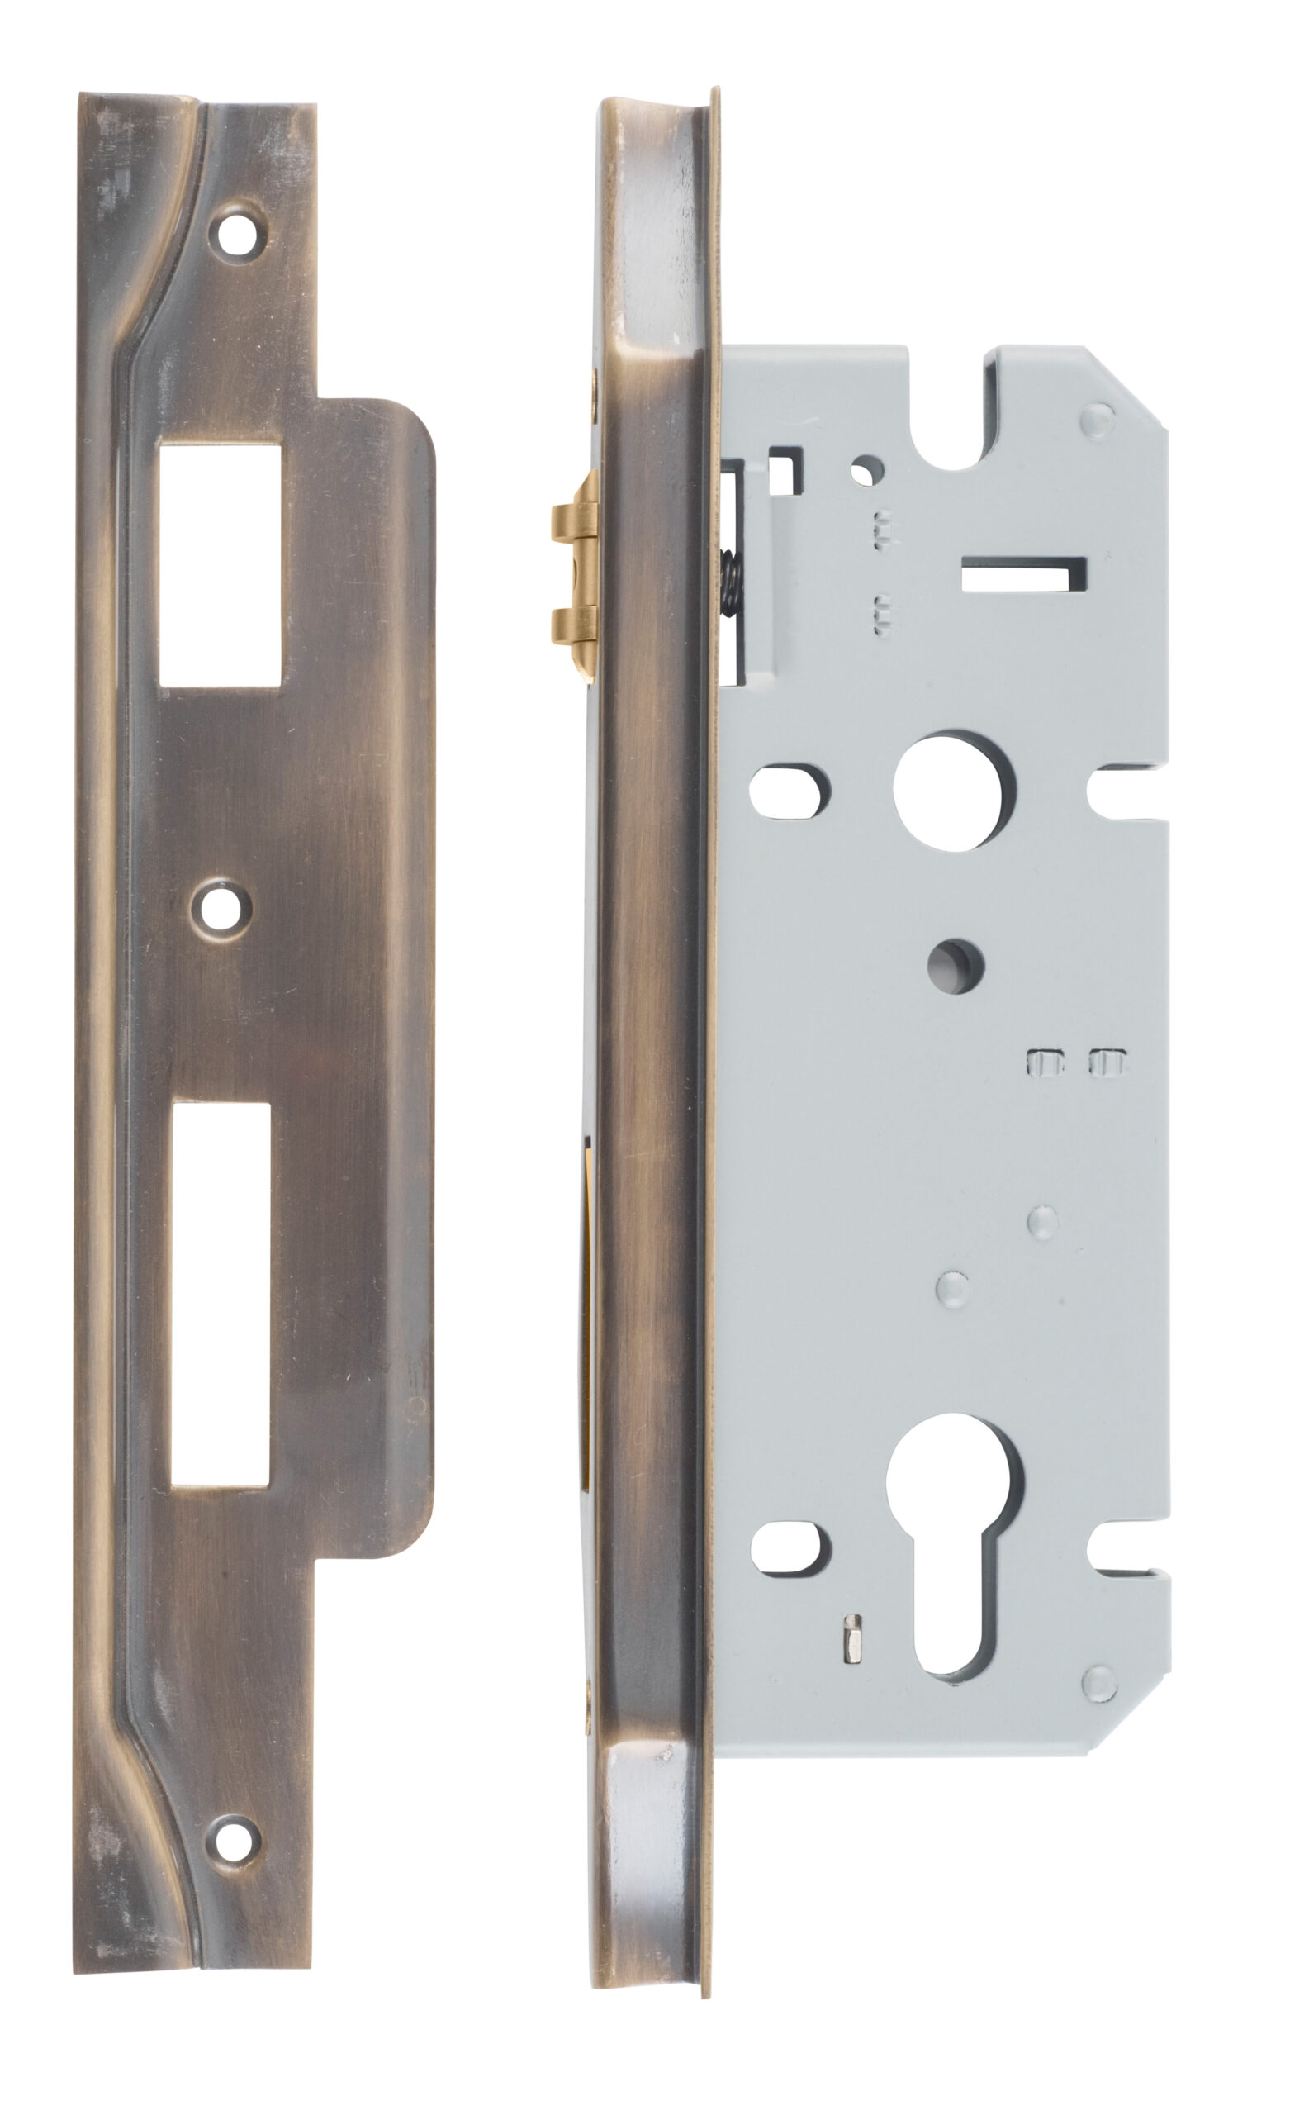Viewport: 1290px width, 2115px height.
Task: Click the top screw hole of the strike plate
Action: click(x=239, y=234)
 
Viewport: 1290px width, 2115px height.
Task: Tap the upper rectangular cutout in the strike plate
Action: click(x=221, y=563)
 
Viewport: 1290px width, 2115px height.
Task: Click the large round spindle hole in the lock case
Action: click(x=954, y=791)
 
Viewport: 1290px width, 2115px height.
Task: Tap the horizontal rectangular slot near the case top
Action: click(x=1023, y=573)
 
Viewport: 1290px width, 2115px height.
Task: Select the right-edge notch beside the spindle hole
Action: click(x=1127, y=791)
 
